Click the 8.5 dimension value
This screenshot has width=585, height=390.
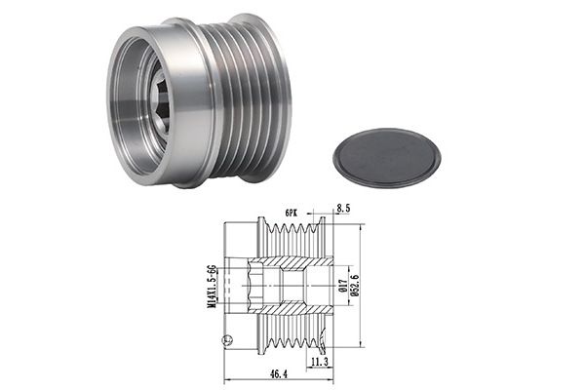point(343,209)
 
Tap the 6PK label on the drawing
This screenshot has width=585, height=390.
point(291,214)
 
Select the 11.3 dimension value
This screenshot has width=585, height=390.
point(320,362)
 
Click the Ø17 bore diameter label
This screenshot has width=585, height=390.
point(343,286)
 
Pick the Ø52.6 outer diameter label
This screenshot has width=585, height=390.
point(355,285)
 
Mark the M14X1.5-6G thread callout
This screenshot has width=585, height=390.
point(212,287)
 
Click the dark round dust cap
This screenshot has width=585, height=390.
point(386,157)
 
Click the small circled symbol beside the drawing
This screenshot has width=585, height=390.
point(227,340)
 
